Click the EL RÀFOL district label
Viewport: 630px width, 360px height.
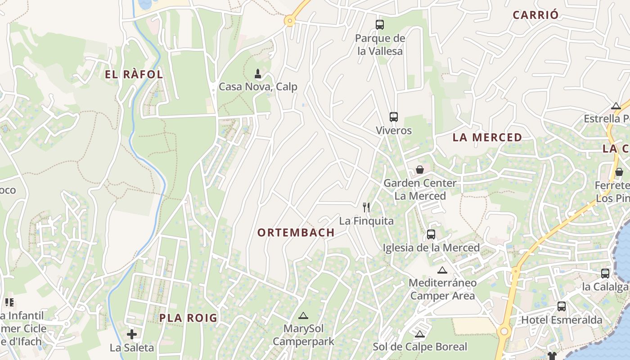coord(134,75)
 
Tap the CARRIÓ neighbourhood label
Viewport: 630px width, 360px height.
coord(535,15)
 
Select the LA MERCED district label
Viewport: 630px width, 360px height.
coord(487,138)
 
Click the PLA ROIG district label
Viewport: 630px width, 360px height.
coord(188,318)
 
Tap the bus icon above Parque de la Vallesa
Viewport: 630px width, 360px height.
coord(380,25)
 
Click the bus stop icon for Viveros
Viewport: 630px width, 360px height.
coord(394,117)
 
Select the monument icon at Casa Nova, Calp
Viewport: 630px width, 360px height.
coord(258,73)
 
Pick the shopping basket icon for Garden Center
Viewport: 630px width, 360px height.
coord(420,170)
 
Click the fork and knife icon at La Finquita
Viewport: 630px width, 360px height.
coord(366,207)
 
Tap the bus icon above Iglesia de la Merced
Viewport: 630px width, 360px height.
coord(431,234)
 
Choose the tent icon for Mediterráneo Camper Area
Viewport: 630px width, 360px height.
coord(442,270)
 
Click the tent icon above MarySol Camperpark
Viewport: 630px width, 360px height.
coord(303,316)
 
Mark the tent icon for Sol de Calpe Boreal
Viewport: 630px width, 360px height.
coord(420,334)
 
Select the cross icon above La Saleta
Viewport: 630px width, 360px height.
coord(132,334)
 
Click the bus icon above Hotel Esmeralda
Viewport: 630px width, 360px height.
coord(562,306)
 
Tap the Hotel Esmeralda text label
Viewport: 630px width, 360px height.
coord(562,320)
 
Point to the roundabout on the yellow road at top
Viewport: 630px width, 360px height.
coord(289,20)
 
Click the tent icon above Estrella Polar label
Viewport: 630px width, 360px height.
coord(616,106)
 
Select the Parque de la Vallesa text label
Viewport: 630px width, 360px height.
coord(380,45)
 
